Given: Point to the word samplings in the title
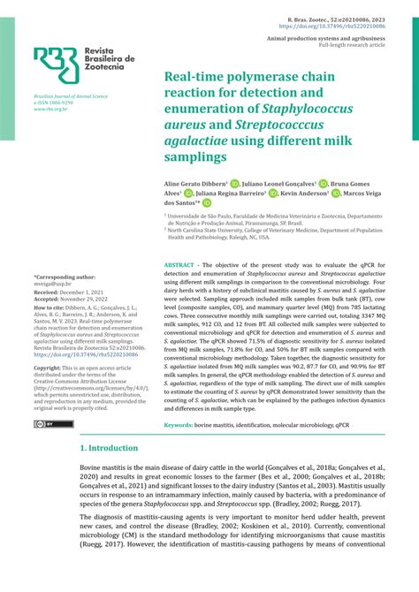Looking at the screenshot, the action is (x=195, y=156).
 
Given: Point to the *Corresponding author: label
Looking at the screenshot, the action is (x=65, y=276).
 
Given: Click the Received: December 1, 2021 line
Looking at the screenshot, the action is (x=70, y=292).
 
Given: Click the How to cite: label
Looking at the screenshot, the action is (x=50, y=307).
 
